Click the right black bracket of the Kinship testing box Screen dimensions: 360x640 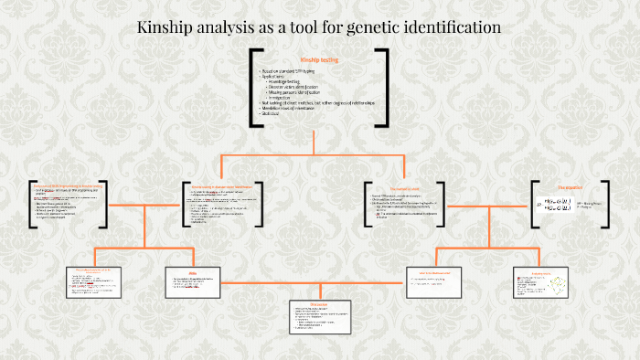coord(385,87)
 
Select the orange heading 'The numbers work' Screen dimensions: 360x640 coord(402,188)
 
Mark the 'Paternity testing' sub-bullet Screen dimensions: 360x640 coord(285,81)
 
